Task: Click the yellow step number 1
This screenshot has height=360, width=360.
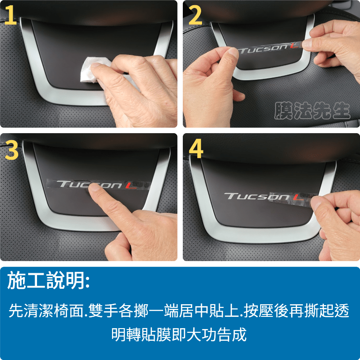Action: tap(11, 15)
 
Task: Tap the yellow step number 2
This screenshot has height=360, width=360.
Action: tap(195, 15)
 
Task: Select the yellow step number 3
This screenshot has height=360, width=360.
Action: tap(11, 150)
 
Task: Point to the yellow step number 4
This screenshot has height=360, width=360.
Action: tap(196, 148)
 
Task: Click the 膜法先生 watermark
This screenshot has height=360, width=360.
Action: tap(312, 111)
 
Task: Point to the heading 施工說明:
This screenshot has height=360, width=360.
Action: tap(48, 280)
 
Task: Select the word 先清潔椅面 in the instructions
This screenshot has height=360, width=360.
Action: tap(46, 310)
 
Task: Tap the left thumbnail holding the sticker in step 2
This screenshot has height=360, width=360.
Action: tap(234, 53)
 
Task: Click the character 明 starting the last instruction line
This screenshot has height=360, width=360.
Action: tap(119, 335)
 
